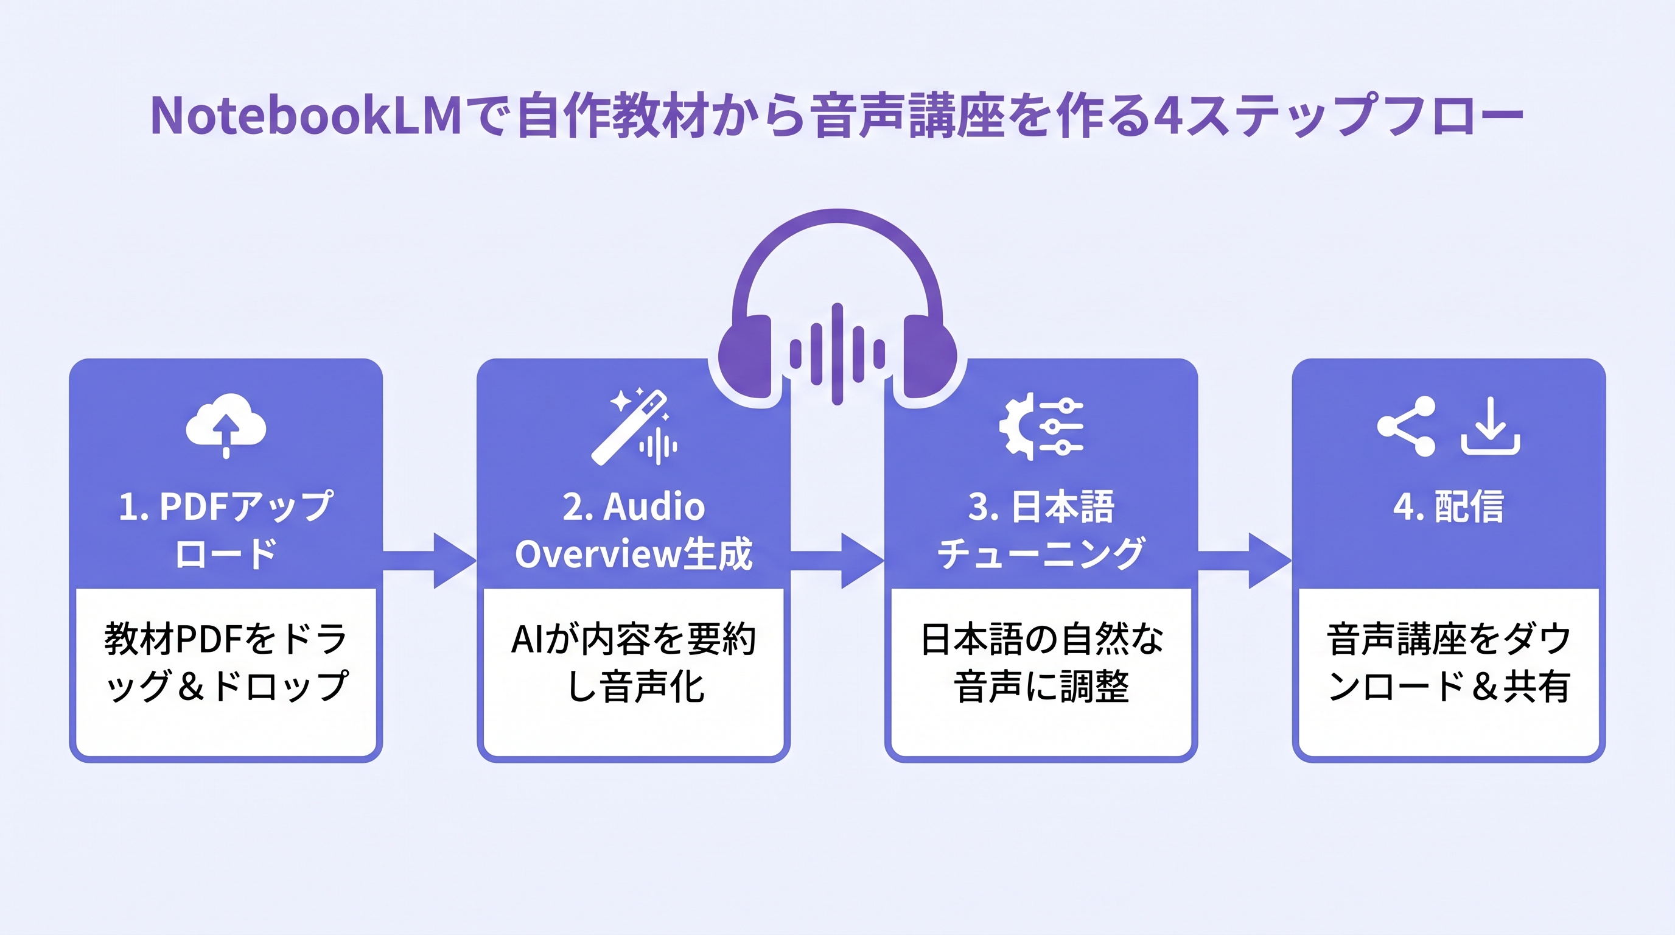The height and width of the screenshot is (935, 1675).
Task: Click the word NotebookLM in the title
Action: click(x=306, y=116)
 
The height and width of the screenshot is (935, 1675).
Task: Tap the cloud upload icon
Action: click(x=226, y=424)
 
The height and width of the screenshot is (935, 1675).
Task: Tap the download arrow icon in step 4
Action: click(x=1491, y=426)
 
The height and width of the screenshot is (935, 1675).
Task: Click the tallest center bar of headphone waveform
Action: click(x=838, y=354)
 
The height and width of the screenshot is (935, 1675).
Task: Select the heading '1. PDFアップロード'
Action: click(x=226, y=529)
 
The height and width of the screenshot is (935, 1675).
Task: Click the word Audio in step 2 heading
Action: click(x=654, y=506)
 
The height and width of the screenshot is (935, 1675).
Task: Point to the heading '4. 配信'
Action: click(x=1448, y=506)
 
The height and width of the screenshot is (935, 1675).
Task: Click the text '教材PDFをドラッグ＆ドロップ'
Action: click(x=226, y=662)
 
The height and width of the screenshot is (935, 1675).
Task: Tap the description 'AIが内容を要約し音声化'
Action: click(x=634, y=662)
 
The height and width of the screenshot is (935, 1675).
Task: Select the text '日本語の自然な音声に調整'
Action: click(x=1041, y=662)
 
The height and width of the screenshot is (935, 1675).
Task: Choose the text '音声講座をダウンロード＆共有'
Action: click(x=1448, y=662)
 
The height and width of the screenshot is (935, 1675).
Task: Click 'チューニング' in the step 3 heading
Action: click(x=1040, y=554)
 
